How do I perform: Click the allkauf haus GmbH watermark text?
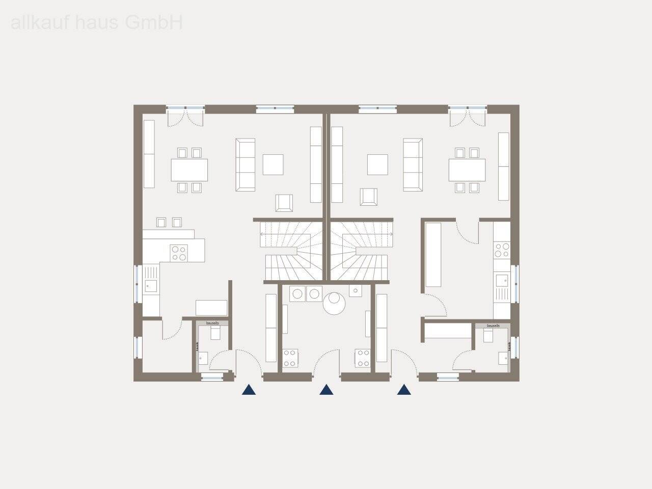(96, 23)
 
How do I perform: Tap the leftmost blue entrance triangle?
(249, 390)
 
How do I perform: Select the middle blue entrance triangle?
(326, 390)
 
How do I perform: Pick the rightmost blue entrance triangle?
(404, 390)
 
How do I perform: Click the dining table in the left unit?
(189, 170)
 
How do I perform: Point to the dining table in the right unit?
(467, 170)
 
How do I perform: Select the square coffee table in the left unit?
(273, 165)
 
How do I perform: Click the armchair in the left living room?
(285, 203)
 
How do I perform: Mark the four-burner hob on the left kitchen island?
(179, 253)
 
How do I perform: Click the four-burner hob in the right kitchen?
(501, 250)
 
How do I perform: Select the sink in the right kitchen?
(502, 281)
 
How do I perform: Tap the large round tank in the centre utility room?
(335, 304)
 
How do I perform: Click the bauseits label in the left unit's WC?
(212, 323)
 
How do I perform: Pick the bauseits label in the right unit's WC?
(493, 325)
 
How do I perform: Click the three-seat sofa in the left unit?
(245, 165)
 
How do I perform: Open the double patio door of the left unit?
(185, 117)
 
